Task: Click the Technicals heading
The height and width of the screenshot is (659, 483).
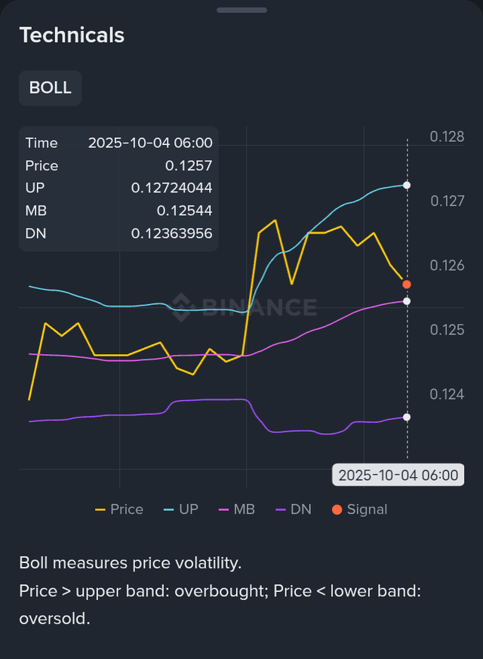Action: (x=72, y=35)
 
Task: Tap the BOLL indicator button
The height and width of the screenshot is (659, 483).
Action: (x=50, y=88)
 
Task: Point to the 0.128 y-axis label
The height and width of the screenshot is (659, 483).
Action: (x=447, y=137)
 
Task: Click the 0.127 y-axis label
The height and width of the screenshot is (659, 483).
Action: (x=447, y=201)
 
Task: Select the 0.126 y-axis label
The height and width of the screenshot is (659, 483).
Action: (x=447, y=266)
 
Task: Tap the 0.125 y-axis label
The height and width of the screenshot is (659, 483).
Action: (x=447, y=330)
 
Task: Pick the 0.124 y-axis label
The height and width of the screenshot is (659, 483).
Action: (x=447, y=394)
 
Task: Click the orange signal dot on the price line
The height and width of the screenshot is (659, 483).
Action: (x=407, y=284)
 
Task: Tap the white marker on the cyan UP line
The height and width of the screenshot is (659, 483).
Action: (x=407, y=185)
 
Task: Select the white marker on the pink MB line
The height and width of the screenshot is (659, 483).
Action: (x=407, y=301)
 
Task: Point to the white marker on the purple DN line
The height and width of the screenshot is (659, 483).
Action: (x=407, y=417)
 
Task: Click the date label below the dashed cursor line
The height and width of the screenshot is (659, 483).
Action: (x=398, y=475)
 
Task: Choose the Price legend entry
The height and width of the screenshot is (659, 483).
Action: (x=119, y=510)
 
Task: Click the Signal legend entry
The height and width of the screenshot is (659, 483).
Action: (x=359, y=510)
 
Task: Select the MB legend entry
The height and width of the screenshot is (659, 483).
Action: (x=236, y=510)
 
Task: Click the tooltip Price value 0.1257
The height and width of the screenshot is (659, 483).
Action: (x=189, y=166)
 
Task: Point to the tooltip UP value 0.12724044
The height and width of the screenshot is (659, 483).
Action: (x=171, y=188)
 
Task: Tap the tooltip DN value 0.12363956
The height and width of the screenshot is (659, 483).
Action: (x=171, y=233)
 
